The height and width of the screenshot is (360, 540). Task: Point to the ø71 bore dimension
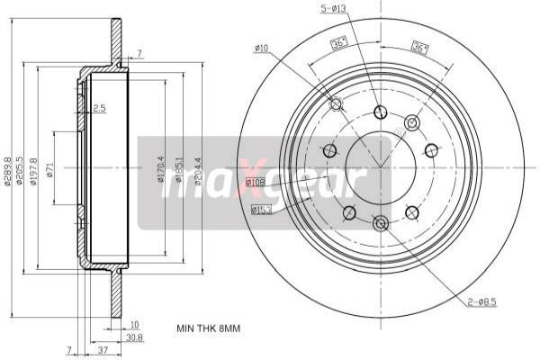(x=51, y=168)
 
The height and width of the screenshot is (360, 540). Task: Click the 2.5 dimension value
(x=99, y=108)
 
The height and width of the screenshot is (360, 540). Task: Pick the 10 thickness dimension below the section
(x=134, y=324)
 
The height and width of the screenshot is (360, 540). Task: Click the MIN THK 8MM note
(x=209, y=328)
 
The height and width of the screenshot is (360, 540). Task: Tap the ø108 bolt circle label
(x=256, y=182)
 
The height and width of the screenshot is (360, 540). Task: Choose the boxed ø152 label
(x=262, y=210)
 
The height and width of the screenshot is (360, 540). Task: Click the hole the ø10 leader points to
(x=337, y=104)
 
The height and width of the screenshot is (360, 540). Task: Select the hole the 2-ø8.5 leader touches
(x=380, y=222)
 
